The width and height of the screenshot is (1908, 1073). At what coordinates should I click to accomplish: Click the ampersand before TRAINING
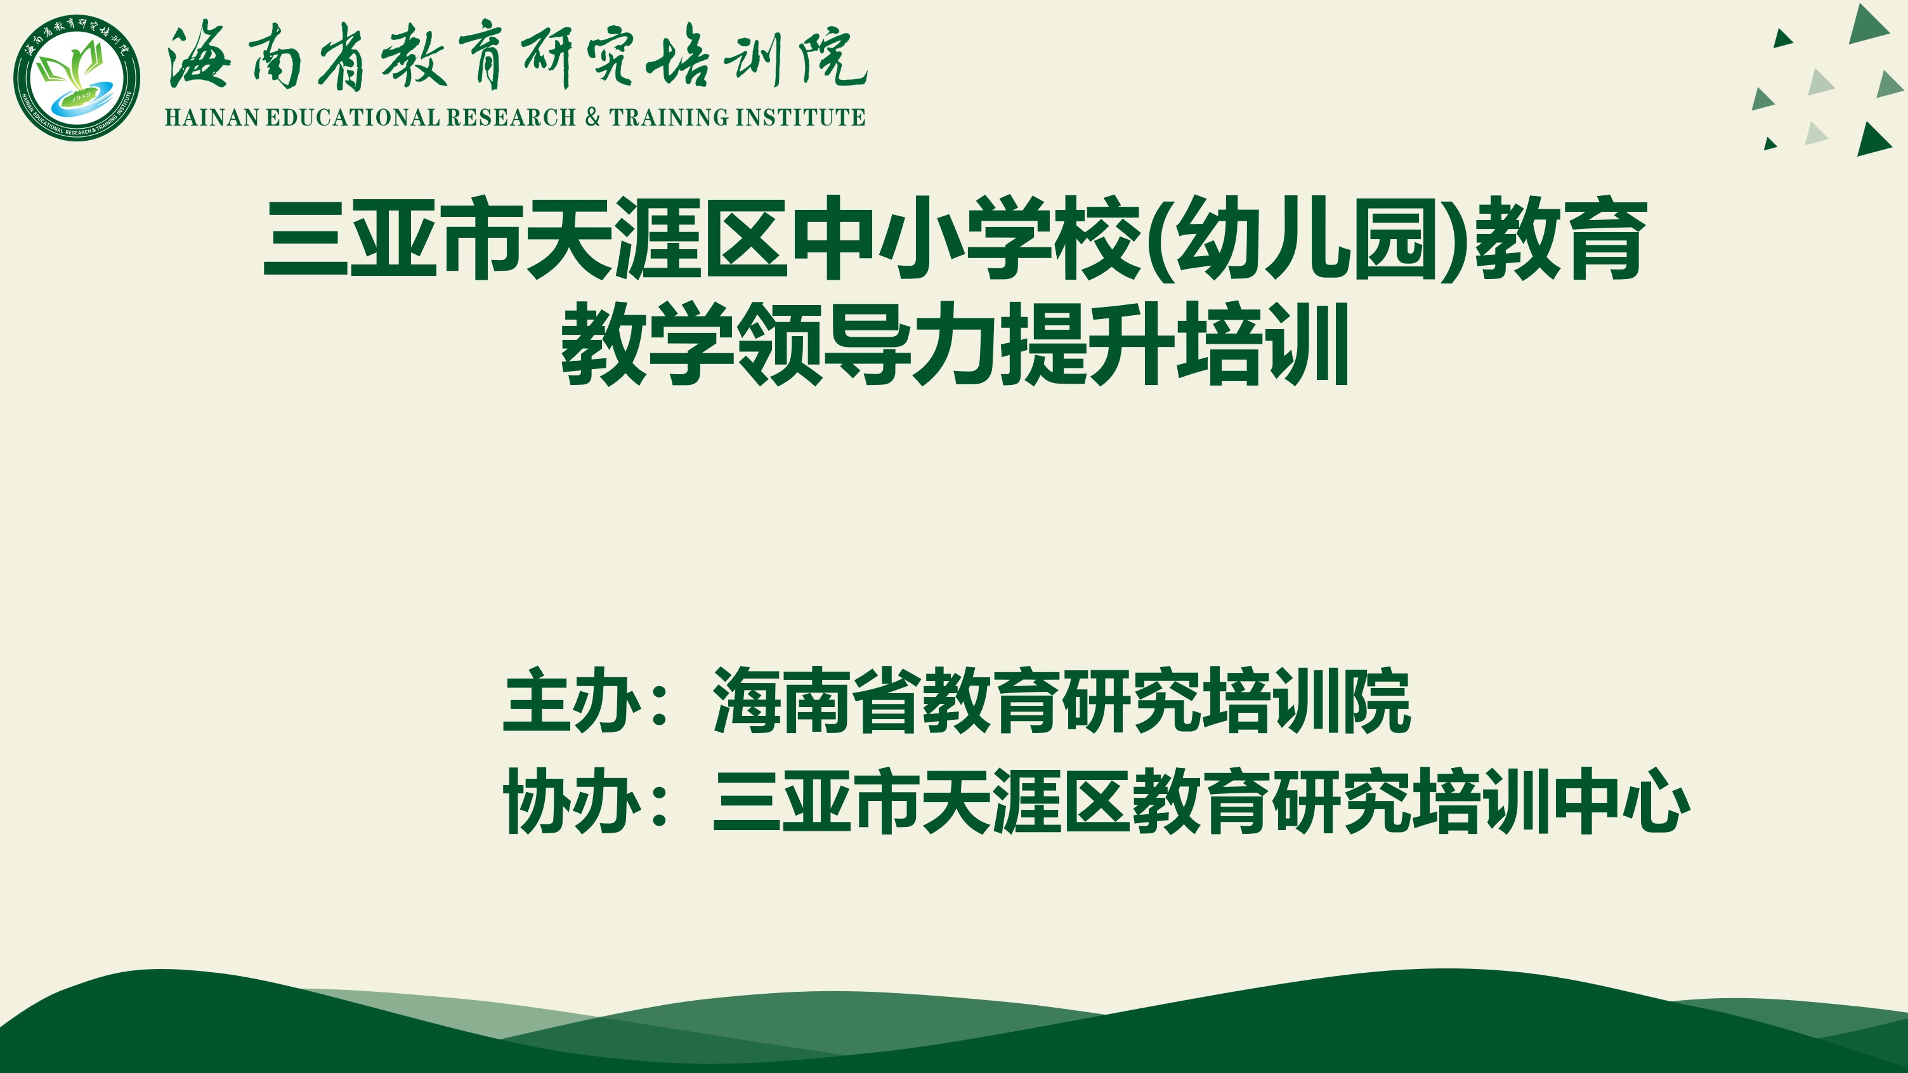[x=592, y=117]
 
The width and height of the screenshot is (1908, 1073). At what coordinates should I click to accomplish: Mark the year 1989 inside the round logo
[x=81, y=96]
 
